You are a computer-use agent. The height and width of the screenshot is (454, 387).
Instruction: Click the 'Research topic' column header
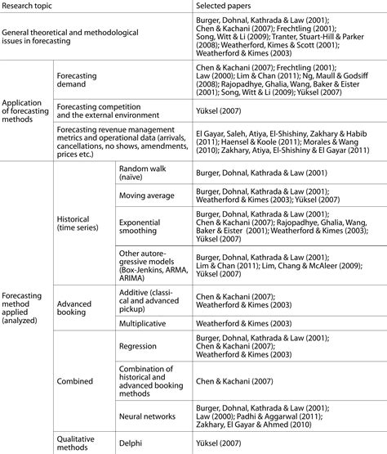coord(30,7)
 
